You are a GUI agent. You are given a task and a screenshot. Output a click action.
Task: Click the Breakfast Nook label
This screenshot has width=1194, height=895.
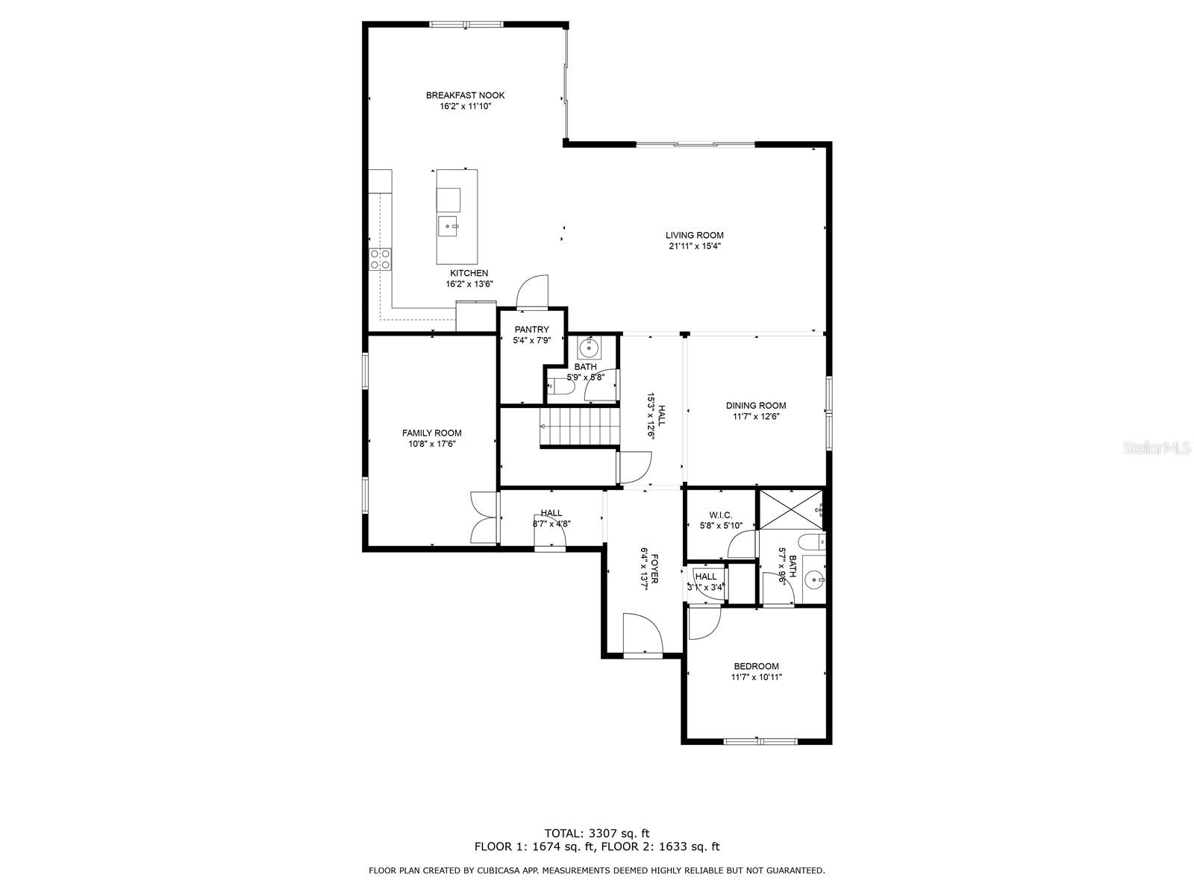point(465,95)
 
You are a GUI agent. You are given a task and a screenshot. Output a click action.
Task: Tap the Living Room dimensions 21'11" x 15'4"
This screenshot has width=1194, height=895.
point(694,246)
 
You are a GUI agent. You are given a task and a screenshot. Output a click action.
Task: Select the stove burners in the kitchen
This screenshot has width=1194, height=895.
point(380,259)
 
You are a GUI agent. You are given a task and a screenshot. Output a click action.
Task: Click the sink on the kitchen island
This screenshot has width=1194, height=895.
point(448,224)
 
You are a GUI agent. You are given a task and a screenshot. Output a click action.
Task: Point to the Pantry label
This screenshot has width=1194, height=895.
point(531,330)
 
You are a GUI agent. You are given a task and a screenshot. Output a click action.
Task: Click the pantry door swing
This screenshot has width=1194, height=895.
point(533,292)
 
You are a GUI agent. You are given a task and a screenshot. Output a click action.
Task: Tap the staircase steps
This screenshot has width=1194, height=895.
point(581,427)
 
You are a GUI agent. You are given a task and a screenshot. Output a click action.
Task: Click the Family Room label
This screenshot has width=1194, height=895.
point(431,433)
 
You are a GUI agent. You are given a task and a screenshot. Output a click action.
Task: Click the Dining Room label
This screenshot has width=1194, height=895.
point(755,406)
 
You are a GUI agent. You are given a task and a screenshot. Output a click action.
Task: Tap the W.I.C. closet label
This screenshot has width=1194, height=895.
point(720,515)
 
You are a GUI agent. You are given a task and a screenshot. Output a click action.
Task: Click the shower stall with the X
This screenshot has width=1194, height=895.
point(790,509)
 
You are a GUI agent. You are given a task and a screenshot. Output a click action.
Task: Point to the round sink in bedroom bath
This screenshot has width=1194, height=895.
point(814,579)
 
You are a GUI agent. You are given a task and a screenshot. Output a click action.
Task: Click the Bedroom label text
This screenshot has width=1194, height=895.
point(756,667)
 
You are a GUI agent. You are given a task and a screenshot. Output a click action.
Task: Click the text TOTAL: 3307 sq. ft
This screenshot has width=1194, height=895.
point(596,833)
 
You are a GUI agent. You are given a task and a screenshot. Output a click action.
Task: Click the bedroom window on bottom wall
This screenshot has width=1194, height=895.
point(760,741)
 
